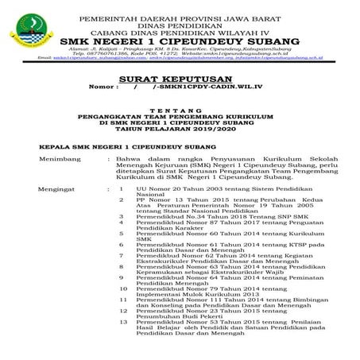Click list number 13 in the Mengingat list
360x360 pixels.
pyautogui.click(x=122, y=322)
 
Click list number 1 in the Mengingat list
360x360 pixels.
pyautogui.click(x=122, y=188)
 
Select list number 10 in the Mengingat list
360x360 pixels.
pyautogui.click(x=122, y=287)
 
